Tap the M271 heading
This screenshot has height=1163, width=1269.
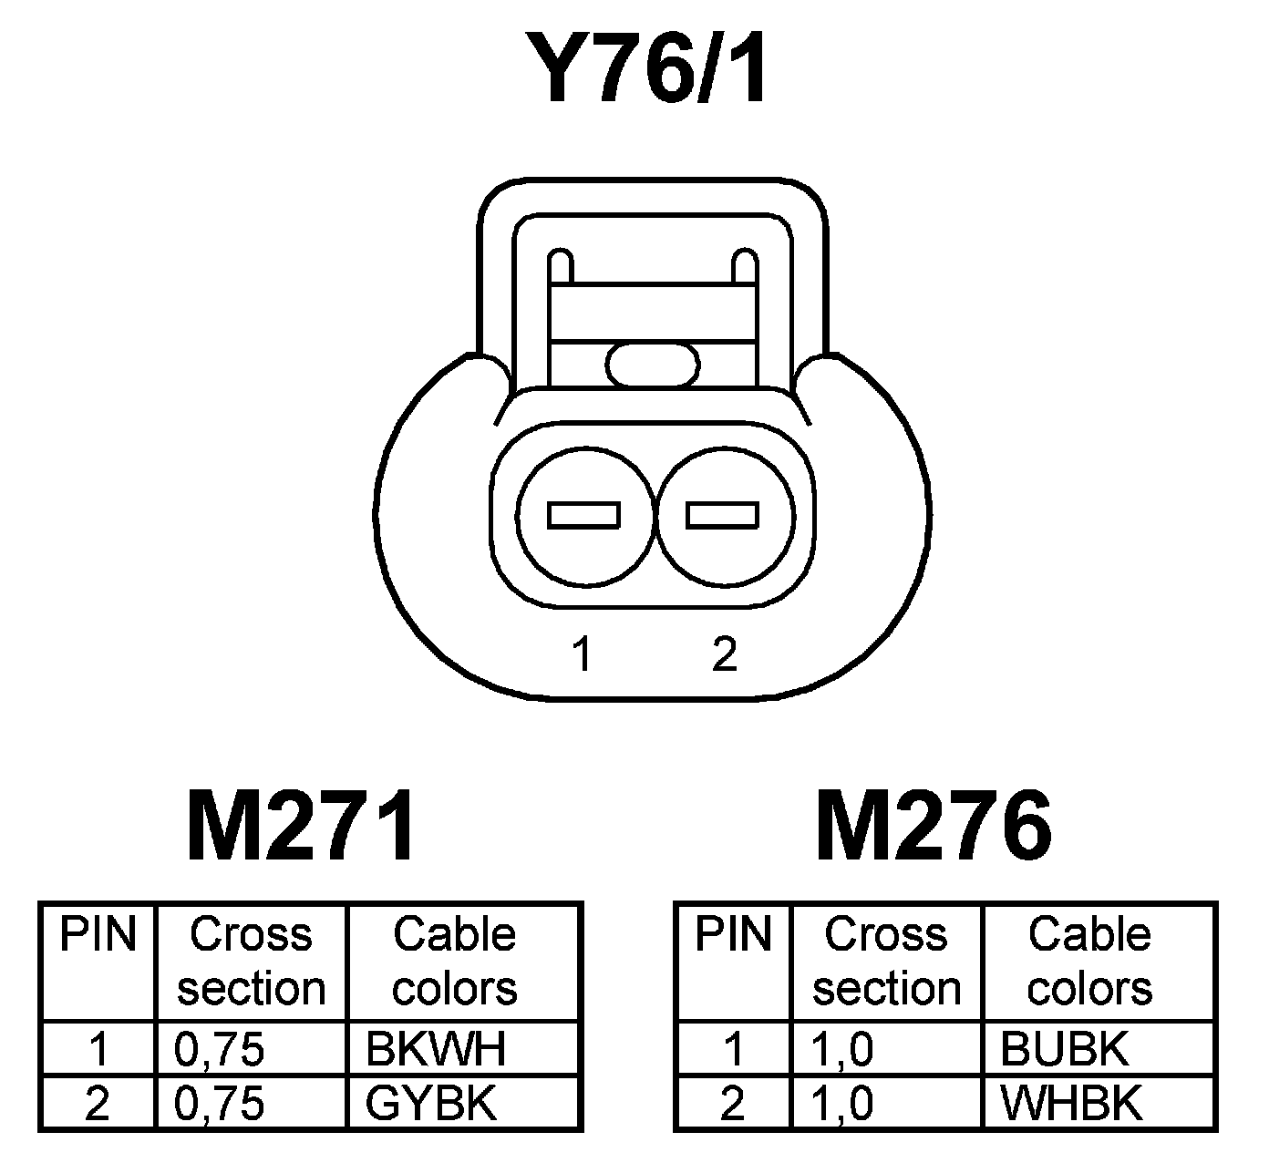click(x=302, y=826)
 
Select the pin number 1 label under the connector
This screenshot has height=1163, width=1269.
click(x=582, y=654)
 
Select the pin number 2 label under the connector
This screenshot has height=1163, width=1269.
click(x=724, y=654)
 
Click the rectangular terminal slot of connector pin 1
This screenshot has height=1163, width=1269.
click(x=583, y=515)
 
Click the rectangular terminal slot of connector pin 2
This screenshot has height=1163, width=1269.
click(x=723, y=515)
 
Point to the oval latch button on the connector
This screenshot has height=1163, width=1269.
click(x=654, y=365)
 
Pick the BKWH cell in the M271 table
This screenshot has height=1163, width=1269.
click(x=435, y=1049)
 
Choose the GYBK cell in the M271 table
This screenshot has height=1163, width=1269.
click(x=431, y=1104)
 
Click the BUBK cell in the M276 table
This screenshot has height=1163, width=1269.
click(x=1064, y=1049)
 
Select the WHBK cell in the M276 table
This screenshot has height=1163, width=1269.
click(x=1071, y=1104)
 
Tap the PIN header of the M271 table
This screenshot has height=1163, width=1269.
click(x=98, y=934)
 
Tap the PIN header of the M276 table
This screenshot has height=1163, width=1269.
click(x=733, y=934)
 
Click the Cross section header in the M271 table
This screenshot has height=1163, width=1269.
click(x=251, y=962)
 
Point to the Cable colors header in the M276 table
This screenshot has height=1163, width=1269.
click(x=1089, y=962)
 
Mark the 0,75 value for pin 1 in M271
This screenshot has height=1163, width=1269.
click(x=219, y=1049)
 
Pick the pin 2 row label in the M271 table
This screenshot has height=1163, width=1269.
click(x=97, y=1104)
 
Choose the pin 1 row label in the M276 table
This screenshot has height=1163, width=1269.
click(x=733, y=1049)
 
